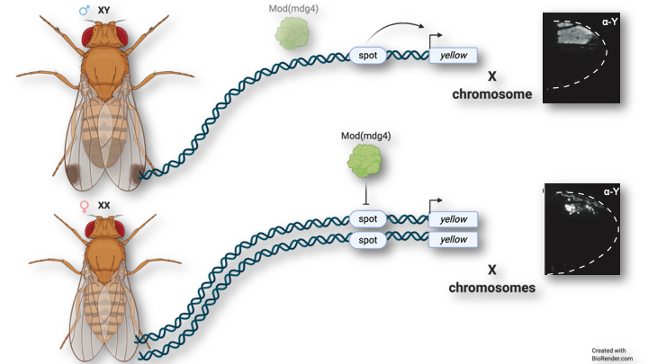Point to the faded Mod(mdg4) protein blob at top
[x=292, y=35]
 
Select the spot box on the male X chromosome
[x=368, y=56]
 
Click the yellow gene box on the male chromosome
[x=452, y=56]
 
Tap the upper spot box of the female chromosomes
[x=368, y=219]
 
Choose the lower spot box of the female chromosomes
[x=368, y=240]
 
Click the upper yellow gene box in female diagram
[x=453, y=219]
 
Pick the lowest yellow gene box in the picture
[x=453, y=240]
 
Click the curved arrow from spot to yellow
[x=396, y=31]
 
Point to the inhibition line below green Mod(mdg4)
[x=363, y=195]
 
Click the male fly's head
[x=104, y=37]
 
